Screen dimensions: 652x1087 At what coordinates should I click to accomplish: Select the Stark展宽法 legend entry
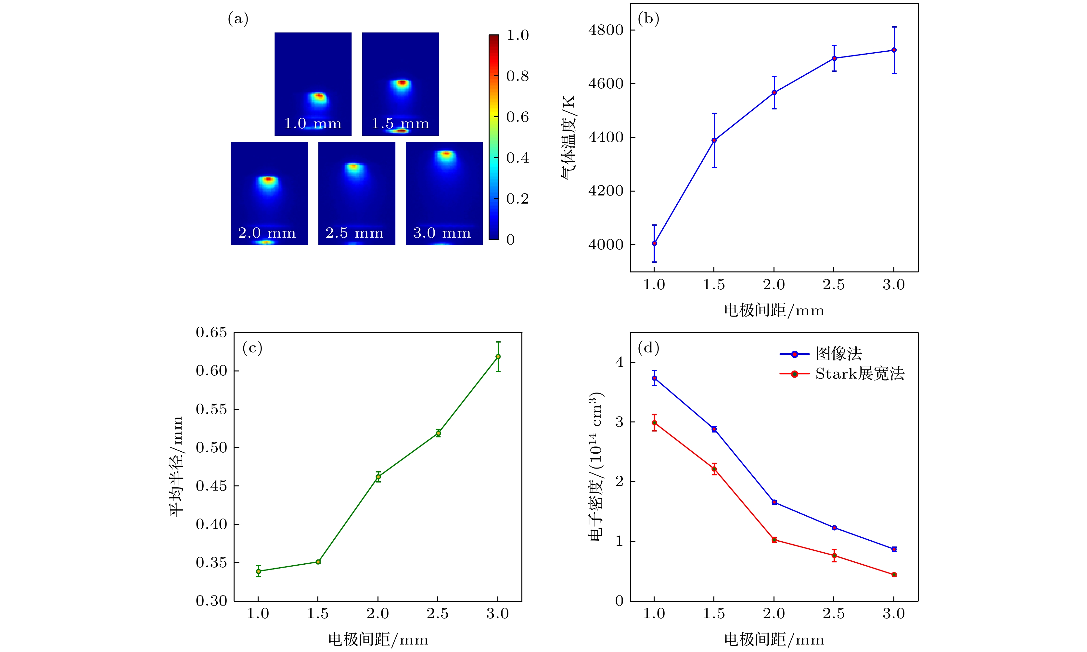(859, 374)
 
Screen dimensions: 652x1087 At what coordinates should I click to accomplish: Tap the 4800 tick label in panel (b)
(606, 30)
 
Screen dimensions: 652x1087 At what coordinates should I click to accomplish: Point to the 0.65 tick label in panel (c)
(211, 332)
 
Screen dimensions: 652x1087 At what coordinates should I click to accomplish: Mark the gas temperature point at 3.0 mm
(894, 50)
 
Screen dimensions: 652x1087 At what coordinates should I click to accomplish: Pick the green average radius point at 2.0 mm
(378, 477)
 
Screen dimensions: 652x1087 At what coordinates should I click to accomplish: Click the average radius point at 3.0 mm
(498, 356)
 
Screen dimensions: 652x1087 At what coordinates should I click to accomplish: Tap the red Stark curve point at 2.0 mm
(774, 540)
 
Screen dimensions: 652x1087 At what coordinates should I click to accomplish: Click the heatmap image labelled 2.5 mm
(356, 193)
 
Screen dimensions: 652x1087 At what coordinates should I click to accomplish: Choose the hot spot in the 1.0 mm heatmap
(319, 96)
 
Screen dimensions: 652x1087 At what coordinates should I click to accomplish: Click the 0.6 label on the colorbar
(517, 117)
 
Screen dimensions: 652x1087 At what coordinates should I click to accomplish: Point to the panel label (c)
(252, 348)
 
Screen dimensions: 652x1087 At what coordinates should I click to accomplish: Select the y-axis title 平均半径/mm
(176, 467)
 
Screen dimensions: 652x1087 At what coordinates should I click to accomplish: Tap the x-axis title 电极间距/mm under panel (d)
(774, 639)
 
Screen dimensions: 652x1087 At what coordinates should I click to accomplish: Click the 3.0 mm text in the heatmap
(442, 233)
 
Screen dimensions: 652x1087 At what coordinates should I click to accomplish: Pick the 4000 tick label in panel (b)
(606, 245)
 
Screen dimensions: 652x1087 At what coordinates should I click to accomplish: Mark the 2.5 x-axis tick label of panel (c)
(438, 613)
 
